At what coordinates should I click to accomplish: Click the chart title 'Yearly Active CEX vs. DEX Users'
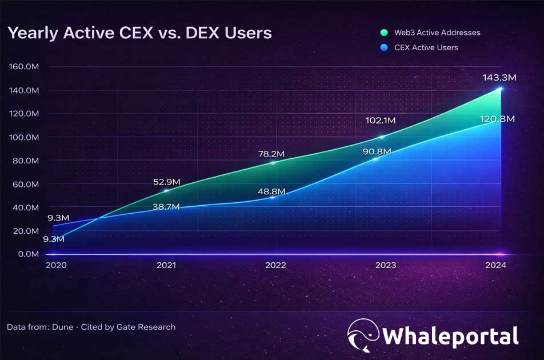point(139,33)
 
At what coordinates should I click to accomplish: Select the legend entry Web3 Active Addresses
point(437,33)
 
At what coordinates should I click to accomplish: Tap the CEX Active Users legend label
point(426,47)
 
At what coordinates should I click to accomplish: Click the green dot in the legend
point(384,33)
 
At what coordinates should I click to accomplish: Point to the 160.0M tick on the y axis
point(23,67)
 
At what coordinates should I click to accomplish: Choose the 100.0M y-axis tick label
point(23,137)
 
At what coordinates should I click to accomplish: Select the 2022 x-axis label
point(275,266)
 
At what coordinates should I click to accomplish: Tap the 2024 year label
point(495,266)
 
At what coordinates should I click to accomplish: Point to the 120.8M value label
point(497,119)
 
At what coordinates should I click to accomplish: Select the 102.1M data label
point(380,121)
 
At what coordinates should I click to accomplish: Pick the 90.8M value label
point(376,152)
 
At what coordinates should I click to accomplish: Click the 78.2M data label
point(271,154)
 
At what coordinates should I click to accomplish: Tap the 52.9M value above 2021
point(167,182)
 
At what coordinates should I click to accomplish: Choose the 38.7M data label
point(166,206)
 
